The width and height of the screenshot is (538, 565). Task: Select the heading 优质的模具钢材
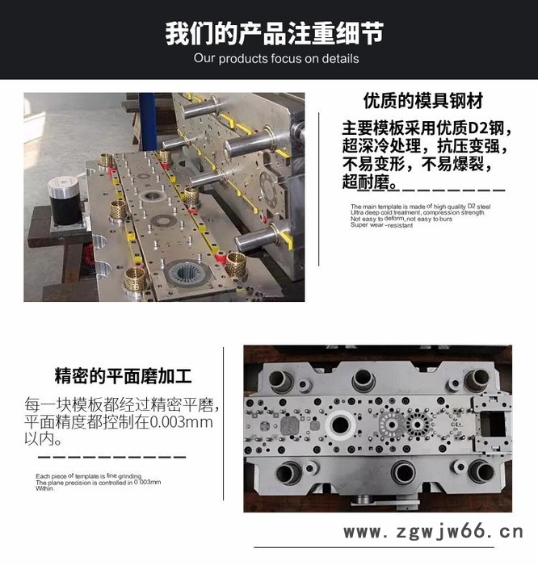tap(422, 103)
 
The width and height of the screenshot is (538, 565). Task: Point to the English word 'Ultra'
tap(358, 212)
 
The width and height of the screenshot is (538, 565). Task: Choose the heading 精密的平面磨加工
tap(123, 377)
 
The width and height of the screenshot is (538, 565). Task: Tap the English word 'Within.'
tap(44, 488)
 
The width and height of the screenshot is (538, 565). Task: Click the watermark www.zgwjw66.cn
tap(434, 532)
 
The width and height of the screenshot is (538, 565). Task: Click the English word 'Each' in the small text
tap(43, 476)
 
